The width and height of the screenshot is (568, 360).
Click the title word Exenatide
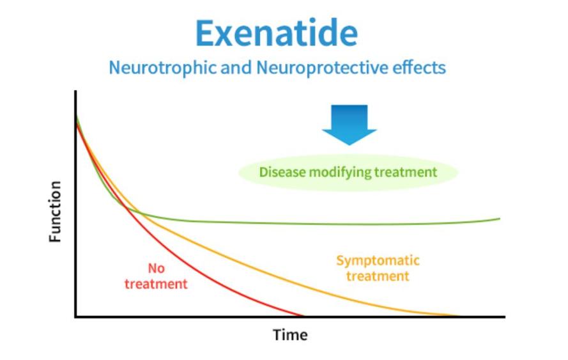[x=277, y=33]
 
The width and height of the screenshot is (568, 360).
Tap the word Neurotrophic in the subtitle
[x=163, y=68]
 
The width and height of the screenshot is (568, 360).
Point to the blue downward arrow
[x=349, y=125]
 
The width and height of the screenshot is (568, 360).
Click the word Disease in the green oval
[x=282, y=172]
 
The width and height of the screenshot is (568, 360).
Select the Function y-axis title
[x=55, y=212]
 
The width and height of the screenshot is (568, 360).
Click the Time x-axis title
[x=290, y=334]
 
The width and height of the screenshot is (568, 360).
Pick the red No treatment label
[x=156, y=276]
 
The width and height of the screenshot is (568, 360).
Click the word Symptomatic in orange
[x=378, y=260]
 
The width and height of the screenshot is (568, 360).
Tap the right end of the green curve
[x=500, y=219]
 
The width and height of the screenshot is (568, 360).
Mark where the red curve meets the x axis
[x=303, y=316]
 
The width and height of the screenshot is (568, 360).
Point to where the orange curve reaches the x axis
[x=457, y=316]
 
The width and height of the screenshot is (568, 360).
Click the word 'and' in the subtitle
[x=236, y=67]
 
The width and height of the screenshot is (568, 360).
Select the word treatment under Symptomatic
[x=378, y=276]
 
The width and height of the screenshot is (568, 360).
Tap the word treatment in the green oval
[x=406, y=172]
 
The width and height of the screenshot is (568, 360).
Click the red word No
[x=156, y=269]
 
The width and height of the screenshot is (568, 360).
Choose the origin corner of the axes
[x=75, y=317]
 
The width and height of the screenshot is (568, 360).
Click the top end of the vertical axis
[x=75, y=91]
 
